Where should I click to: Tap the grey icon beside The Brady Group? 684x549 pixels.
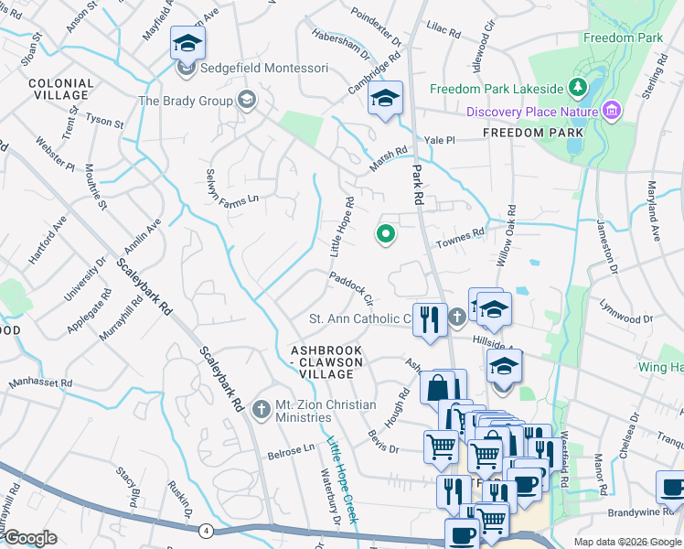tap(246, 100)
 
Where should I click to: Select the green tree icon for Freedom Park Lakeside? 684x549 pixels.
tap(577, 88)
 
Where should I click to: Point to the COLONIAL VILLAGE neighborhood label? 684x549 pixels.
tap(61, 89)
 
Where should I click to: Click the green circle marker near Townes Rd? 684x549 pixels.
tap(386, 235)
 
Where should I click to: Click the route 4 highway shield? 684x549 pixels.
tap(208, 530)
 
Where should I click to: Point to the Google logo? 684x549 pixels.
tap(30, 538)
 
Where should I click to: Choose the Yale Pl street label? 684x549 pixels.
tap(440, 140)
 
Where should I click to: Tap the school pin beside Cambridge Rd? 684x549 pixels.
tap(386, 99)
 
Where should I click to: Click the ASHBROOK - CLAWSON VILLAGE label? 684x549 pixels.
tap(326, 362)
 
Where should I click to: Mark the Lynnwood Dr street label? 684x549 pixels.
tap(622, 319)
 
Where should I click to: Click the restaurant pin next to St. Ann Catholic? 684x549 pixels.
tap(429, 321)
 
